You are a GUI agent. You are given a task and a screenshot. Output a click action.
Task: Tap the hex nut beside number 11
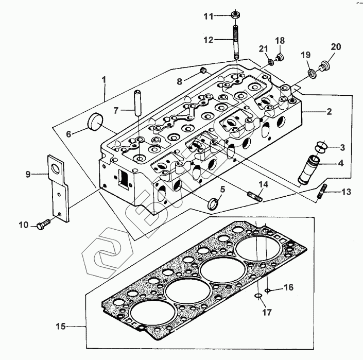click(x=235, y=14)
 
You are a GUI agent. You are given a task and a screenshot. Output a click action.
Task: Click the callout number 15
click(x=60, y=327)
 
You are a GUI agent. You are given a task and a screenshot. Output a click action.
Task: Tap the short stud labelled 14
click(x=255, y=196)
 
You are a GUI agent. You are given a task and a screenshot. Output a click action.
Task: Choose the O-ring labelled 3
click(x=320, y=147)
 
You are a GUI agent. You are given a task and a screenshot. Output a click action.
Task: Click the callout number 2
click(x=329, y=111)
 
